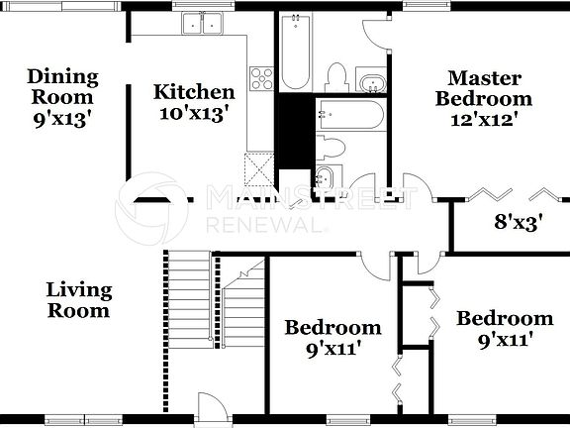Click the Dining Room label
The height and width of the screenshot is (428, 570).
(61, 96)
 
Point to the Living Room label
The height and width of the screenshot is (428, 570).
(79, 300)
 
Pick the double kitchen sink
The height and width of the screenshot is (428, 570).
(206, 23)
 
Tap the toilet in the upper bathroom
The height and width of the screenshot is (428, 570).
(337, 75)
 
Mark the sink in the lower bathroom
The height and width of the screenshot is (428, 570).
(326, 178)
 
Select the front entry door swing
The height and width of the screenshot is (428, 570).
(211, 406)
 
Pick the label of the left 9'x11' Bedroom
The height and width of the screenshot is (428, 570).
(332, 337)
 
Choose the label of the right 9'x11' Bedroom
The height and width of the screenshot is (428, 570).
(504, 329)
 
